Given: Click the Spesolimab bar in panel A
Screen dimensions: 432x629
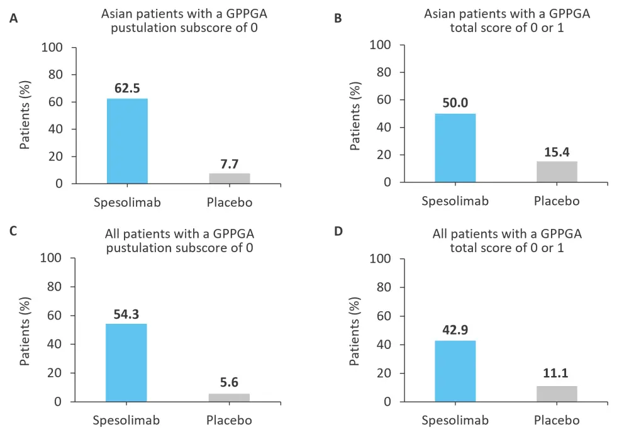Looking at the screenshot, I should [127, 141].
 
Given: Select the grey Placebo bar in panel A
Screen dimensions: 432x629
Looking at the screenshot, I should [229, 178].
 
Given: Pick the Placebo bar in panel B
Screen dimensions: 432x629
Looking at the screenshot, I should [557, 172].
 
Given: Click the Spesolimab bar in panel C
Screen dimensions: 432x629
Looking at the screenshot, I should [126, 362].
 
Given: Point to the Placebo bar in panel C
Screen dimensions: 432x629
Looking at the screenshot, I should [229, 397].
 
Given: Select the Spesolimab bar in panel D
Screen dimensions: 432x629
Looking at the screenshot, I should [455, 371].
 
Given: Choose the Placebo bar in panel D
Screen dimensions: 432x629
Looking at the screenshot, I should [557, 394].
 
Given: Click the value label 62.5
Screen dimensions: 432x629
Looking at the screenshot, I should [127, 88].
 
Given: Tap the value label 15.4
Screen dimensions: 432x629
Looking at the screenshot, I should [557, 152].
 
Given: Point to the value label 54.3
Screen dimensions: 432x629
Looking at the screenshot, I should [126, 313].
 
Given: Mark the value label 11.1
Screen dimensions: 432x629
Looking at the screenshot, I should [557, 375].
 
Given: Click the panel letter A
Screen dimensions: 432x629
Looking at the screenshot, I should [13, 18].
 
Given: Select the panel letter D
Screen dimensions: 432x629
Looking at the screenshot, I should [338, 232].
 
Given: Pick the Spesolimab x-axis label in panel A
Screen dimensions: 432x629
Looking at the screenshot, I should [127, 202].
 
